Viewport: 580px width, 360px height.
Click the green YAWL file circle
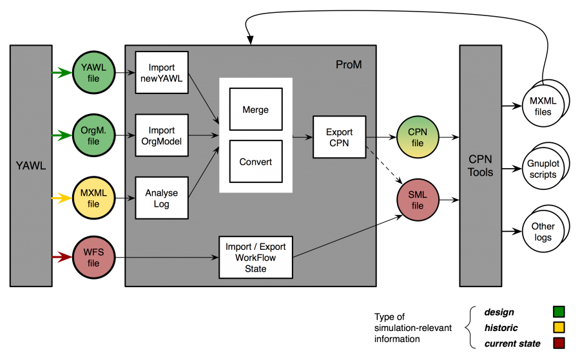93,73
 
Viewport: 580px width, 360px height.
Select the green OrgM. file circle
93,136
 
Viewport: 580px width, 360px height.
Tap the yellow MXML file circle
93,198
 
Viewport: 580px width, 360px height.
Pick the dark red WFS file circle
93,258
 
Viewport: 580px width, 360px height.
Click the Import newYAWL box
162,73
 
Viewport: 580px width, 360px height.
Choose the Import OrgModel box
162,135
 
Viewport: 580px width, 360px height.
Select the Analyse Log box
162,198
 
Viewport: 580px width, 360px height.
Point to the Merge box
256,109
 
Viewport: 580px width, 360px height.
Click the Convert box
256,162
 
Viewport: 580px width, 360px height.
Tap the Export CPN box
339,137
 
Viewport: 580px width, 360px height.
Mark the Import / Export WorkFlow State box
256,257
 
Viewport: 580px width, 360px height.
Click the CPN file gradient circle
418,137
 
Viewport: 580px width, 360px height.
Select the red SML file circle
418,200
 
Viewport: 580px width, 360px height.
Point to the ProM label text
349,65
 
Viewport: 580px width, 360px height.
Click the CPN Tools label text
481,166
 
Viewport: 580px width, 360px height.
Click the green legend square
559,312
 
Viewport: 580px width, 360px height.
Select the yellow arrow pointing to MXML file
62,198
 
